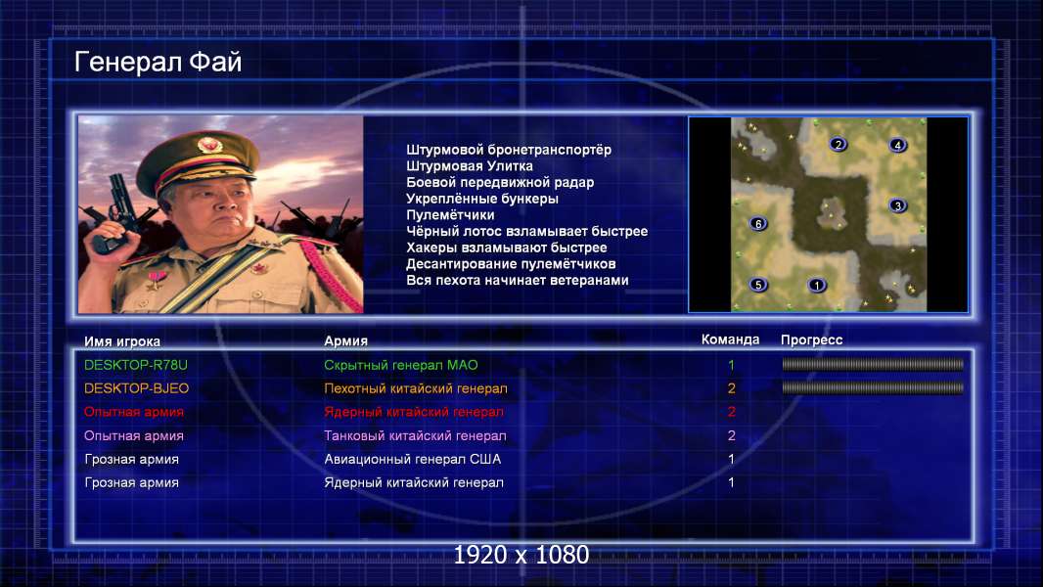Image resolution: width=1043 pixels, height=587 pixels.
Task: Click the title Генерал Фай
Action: (x=158, y=62)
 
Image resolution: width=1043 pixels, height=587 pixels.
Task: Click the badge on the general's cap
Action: (x=209, y=145)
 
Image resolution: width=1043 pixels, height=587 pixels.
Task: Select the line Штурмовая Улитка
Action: (x=470, y=166)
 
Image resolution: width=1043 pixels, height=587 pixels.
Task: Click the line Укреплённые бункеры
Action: (x=482, y=199)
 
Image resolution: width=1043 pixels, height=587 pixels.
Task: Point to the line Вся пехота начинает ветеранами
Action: (x=518, y=280)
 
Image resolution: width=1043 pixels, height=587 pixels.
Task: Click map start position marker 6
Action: (x=757, y=224)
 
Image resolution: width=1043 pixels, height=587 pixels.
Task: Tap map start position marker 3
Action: (x=897, y=205)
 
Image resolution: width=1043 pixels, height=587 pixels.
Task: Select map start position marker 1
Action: (x=816, y=286)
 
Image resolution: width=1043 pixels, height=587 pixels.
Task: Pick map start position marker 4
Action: (x=897, y=145)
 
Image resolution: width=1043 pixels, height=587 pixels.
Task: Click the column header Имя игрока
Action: (x=122, y=341)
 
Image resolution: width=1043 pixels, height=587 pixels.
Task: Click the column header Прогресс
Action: (x=811, y=339)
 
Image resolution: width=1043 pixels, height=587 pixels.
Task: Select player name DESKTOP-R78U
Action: (x=136, y=365)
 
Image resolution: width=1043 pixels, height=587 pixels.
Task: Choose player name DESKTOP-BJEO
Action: (x=136, y=388)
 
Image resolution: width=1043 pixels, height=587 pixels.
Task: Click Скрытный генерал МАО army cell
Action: (x=401, y=365)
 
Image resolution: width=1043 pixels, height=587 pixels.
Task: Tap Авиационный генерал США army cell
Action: (x=413, y=460)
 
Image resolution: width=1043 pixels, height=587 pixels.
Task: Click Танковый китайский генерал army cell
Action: (x=415, y=436)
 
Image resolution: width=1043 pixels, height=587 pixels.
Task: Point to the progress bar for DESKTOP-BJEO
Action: (x=873, y=387)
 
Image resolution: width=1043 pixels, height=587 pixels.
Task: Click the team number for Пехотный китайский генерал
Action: (x=731, y=388)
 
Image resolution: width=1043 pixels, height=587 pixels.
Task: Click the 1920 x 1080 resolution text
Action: (x=521, y=555)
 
